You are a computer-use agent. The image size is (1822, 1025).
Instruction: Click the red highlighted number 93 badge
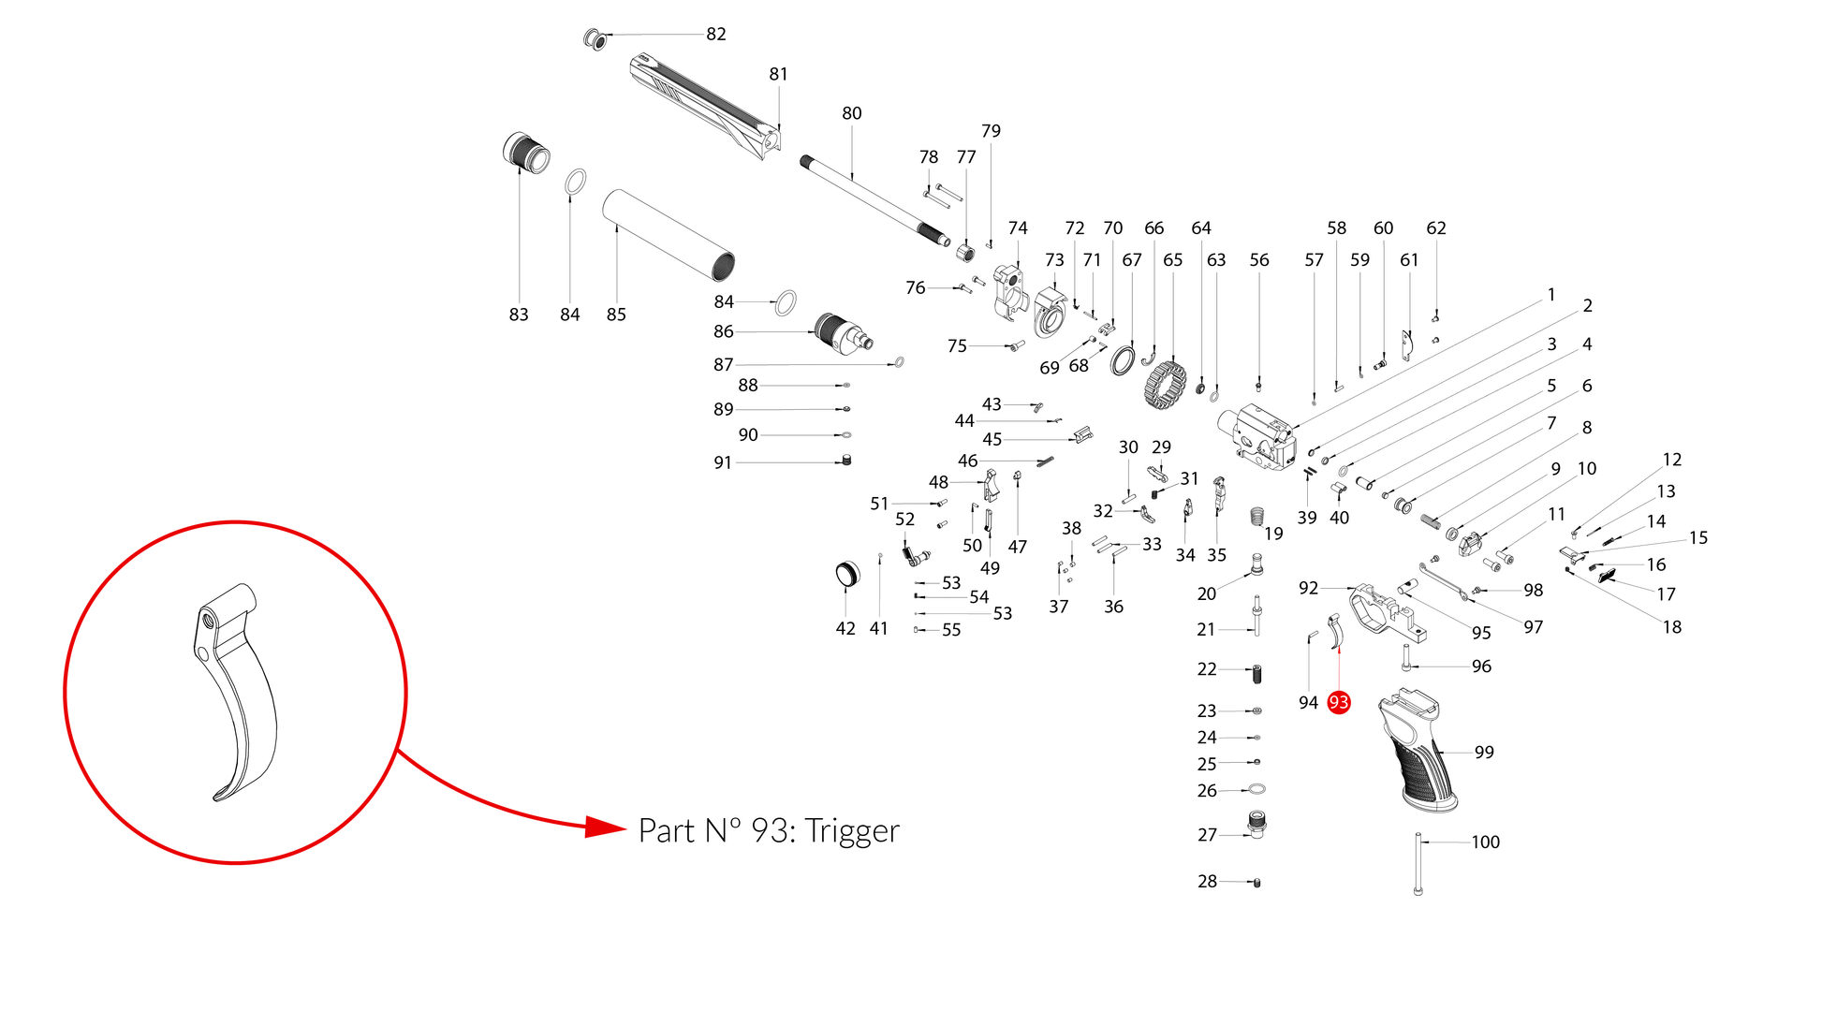(x=1339, y=702)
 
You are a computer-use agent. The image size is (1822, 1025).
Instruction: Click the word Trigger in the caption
(x=852, y=831)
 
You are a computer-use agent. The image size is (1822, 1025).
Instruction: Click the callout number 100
(x=1485, y=842)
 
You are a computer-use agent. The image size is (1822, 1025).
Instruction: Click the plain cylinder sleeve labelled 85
(x=669, y=235)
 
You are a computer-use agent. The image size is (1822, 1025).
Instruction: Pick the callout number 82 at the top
(x=716, y=34)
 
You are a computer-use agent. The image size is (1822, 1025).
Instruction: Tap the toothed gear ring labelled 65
(x=1165, y=385)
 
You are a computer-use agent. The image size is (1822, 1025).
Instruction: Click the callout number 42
(x=845, y=629)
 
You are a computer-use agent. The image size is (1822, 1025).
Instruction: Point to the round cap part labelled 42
(x=847, y=574)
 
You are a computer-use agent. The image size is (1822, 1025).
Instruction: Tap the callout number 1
(x=1551, y=295)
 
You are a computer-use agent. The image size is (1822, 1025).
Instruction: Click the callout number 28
(x=1208, y=882)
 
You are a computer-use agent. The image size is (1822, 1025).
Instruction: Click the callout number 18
(x=1672, y=627)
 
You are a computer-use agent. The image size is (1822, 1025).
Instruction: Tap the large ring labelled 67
(x=1123, y=360)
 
